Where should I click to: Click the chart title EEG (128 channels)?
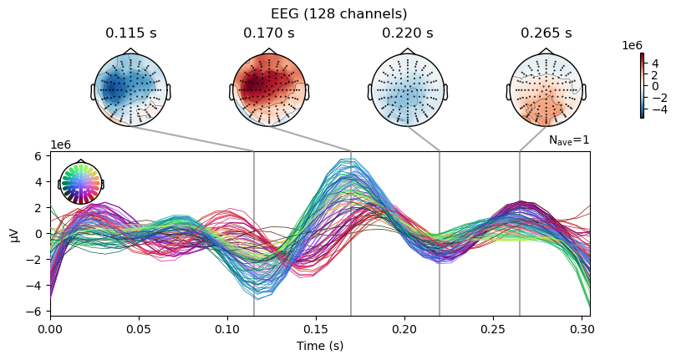pos(338,13)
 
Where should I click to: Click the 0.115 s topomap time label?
pos(130,33)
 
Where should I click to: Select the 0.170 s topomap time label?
pos(269,33)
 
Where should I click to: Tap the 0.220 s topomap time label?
pos(408,33)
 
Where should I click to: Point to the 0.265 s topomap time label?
pos(546,33)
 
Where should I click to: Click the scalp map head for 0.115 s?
pos(130,89)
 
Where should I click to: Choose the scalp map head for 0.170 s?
pos(269,89)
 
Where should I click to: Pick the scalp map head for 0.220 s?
pos(408,89)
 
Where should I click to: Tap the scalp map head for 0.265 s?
pos(546,89)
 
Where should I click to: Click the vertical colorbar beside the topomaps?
pos(642,85)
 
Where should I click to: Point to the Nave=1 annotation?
pos(569,140)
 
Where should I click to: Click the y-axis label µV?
pos(13,234)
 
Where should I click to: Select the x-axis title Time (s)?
pos(320,346)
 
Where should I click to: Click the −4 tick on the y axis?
pos(35,285)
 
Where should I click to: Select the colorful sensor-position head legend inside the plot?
pos(80,183)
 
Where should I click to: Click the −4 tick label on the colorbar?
pos(654,108)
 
